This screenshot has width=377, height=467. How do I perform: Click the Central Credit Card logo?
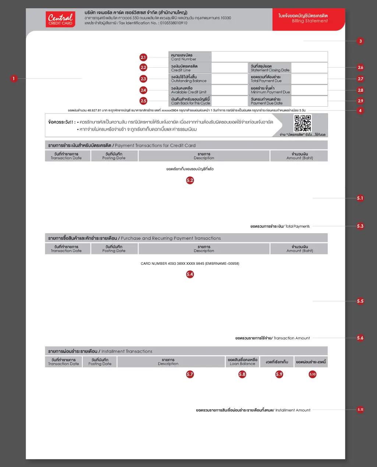coord(60,19)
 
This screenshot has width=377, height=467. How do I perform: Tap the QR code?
coord(303,123)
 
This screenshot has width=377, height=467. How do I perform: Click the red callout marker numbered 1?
coord(14,78)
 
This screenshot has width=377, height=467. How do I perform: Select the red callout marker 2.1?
coord(143,57)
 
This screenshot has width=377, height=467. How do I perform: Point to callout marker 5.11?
coord(360,410)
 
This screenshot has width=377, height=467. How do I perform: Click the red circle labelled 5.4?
coord(190,274)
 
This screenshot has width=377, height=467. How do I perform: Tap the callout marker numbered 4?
coord(360,111)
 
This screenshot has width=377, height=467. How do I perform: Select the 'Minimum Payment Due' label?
coord(270,90)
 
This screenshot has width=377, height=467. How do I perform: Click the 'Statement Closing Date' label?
coord(270,68)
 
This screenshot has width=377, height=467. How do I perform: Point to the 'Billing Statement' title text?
coord(310,21)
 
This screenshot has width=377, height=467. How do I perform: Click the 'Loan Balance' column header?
coord(242,362)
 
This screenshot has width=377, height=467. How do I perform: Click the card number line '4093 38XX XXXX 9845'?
coord(190,264)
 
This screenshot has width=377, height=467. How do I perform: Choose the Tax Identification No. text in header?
coord(136,23)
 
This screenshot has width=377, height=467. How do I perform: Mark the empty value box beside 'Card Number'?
coord(269,57)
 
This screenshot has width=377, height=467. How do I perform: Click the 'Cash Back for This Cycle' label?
coord(190,101)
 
